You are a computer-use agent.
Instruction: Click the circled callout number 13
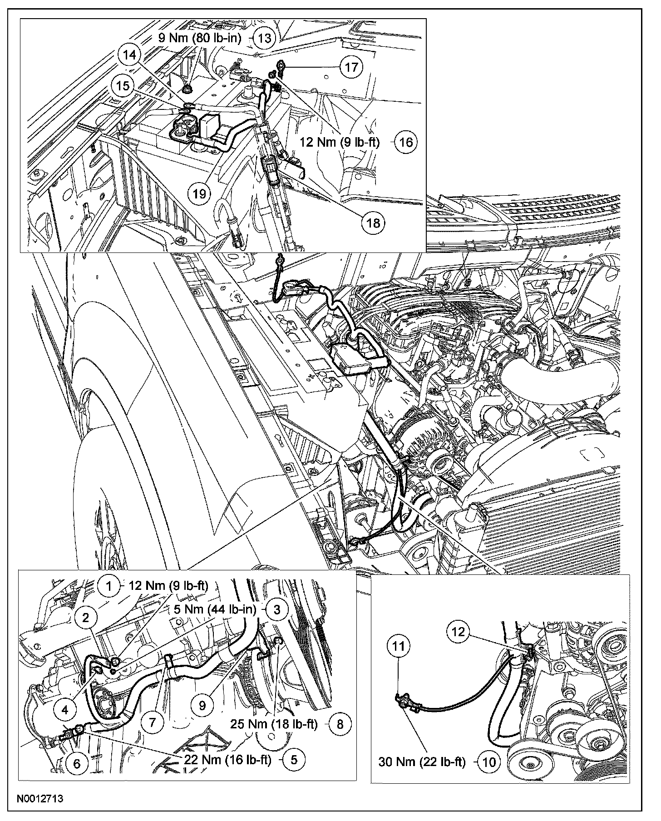click(x=264, y=38)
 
